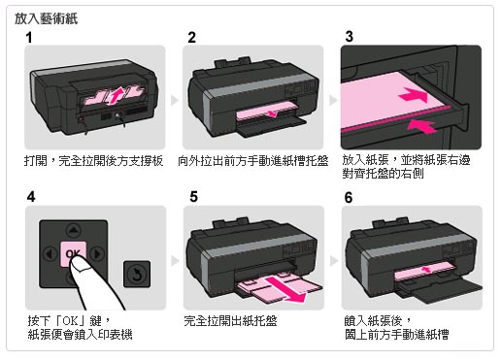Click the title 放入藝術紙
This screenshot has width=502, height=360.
click(x=46, y=18)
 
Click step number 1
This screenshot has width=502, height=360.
click(x=29, y=37)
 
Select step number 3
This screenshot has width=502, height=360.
click(x=349, y=36)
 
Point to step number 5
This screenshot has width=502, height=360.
click(x=193, y=196)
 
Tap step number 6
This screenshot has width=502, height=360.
click(x=349, y=197)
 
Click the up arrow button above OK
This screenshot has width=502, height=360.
click(x=74, y=230)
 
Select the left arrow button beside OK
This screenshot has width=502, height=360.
click(x=50, y=254)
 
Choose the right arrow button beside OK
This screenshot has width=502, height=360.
click(x=97, y=254)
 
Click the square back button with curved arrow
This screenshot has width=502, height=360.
click(x=137, y=274)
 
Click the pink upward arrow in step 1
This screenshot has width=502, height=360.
click(x=117, y=94)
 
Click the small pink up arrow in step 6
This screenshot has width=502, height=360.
click(x=426, y=269)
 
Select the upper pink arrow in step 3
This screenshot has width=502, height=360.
click(x=414, y=95)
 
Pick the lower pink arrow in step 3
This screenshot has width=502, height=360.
click(x=422, y=126)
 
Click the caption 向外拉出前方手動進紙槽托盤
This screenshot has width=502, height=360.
click(x=252, y=161)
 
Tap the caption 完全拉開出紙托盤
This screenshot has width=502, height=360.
click(x=230, y=321)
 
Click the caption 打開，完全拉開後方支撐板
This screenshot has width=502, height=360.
click(x=93, y=161)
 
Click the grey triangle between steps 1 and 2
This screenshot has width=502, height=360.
click(x=175, y=100)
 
